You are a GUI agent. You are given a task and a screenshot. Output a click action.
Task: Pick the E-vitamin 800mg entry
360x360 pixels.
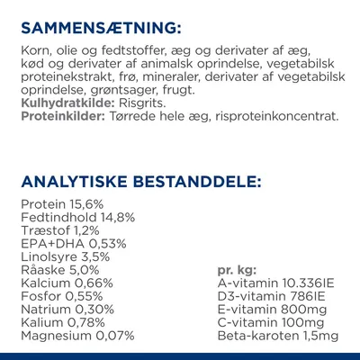coord(265,310)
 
